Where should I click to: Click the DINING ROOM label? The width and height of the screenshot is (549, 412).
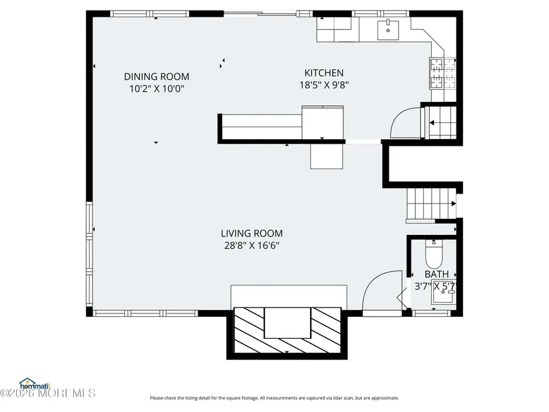[156, 77]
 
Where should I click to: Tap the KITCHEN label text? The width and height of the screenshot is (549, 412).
[324, 73]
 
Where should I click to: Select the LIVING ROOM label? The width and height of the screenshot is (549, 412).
[252, 234]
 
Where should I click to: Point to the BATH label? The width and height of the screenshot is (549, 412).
[437, 274]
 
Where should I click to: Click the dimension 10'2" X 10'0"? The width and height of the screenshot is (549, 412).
[156, 89]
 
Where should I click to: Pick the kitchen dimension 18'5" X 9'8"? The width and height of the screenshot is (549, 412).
[324, 85]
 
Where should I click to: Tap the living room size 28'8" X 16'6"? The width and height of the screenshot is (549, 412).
[252, 245]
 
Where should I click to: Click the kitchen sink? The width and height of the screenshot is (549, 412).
[388, 31]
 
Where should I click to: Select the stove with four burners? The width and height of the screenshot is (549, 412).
[443, 73]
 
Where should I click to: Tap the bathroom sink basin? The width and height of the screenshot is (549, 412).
[444, 292]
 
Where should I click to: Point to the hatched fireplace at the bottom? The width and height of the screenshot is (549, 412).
[287, 330]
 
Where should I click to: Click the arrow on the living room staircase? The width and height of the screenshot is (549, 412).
[454, 204]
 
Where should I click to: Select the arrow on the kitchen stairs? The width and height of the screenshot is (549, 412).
[432, 122]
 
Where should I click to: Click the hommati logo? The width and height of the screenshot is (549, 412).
[35, 384]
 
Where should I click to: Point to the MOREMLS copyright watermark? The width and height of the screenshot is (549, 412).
[48, 393]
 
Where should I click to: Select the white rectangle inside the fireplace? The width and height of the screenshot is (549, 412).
[287, 323]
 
